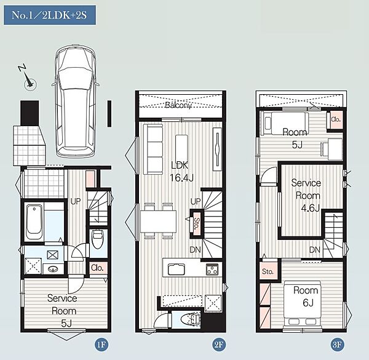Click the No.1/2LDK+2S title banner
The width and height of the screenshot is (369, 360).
click(x=50, y=15)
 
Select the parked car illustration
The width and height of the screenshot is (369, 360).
click(x=76, y=101)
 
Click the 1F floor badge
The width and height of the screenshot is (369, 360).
click(x=101, y=345)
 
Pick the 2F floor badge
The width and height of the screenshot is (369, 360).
click(x=218, y=345)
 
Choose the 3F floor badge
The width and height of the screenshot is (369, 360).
click(x=337, y=345)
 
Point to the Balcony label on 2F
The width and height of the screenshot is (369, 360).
click(x=178, y=105)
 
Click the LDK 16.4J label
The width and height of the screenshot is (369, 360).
click(x=181, y=172)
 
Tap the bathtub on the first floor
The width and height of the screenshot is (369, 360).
click(x=34, y=222)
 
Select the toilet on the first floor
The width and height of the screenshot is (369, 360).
click(x=97, y=239)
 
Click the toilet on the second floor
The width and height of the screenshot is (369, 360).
click(x=191, y=319)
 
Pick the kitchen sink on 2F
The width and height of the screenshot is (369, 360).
click(x=177, y=269)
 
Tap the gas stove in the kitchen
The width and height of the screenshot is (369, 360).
click(x=212, y=270)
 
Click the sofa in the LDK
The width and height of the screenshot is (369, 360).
click(x=153, y=150)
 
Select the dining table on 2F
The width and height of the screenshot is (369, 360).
click(x=159, y=222)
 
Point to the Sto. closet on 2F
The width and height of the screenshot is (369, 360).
click(x=196, y=223)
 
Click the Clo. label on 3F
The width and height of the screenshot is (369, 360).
click(x=336, y=119)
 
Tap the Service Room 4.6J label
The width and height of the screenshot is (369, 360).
click(x=307, y=196)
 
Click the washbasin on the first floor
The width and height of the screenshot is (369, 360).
click(x=54, y=269)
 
